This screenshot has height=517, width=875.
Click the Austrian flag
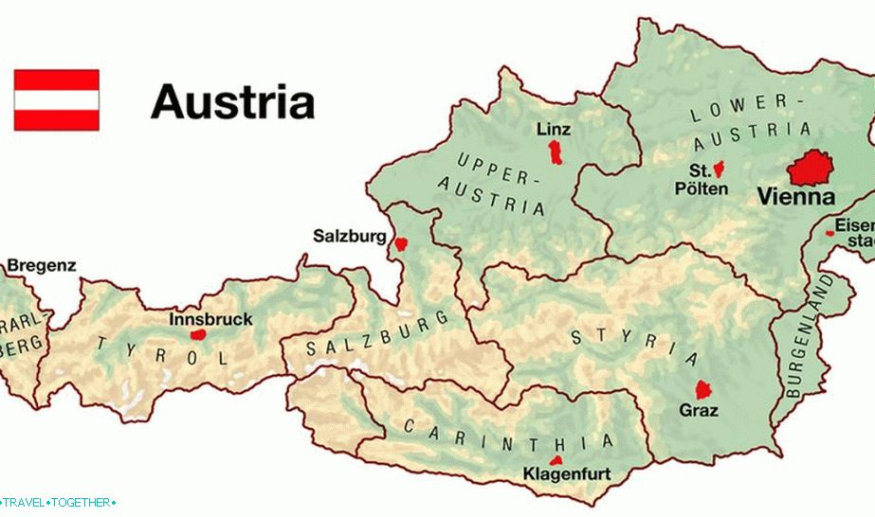click(x=56, y=99)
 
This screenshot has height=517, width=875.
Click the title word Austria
click(x=232, y=101)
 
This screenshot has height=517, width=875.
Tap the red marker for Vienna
click(x=813, y=168)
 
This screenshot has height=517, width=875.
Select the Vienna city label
click(x=794, y=198)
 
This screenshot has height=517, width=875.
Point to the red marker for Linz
click(x=556, y=152)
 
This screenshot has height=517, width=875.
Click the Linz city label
click(x=554, y=128)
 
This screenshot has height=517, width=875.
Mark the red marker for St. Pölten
click(x=719, y=169)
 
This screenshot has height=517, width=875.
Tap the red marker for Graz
click(x=704, y=389)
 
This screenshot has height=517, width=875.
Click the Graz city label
click(x=699, y=411)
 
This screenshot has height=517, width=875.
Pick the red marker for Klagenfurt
click(x=556, y=460)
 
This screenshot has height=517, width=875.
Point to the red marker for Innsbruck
click(x=197, y=334)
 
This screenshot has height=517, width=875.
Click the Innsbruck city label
click(x=210, y=319)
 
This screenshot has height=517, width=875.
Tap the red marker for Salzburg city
click(x=401, y=243)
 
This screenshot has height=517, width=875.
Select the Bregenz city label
click(x=42, y=266)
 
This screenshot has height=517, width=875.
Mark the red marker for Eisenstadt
click(x=829, y=232)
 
